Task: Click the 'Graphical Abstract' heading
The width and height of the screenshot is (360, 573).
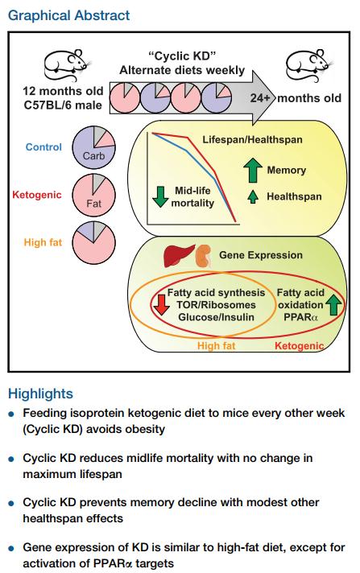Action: click(68, 15)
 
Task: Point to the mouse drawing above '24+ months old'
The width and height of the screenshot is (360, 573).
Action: click(310, 64)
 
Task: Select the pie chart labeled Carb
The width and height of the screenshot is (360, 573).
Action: click(93, 147)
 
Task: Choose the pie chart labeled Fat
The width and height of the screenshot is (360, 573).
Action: click(93, 195)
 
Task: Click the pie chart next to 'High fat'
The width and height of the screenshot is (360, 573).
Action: click(93, 242)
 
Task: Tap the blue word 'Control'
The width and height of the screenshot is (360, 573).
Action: click(43, 147)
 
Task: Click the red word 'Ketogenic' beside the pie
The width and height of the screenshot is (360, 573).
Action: click(36, 195)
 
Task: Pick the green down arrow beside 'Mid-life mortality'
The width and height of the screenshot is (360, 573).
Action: click(160, 196)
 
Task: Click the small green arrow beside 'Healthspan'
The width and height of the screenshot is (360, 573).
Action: click(253, 196)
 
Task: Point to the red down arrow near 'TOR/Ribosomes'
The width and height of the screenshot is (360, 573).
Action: click(161, 304)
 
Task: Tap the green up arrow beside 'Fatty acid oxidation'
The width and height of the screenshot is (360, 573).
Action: click(333, 304)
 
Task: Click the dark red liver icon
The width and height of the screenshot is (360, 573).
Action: click(179, 255)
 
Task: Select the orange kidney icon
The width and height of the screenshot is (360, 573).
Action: click(204, 255)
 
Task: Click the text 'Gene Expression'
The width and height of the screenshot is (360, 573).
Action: click(261, 255)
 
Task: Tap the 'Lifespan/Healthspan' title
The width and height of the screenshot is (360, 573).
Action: click(252, 139)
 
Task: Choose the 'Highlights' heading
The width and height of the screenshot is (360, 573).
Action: click(40, 394)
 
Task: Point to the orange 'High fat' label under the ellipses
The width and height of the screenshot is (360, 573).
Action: click(216, 346)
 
